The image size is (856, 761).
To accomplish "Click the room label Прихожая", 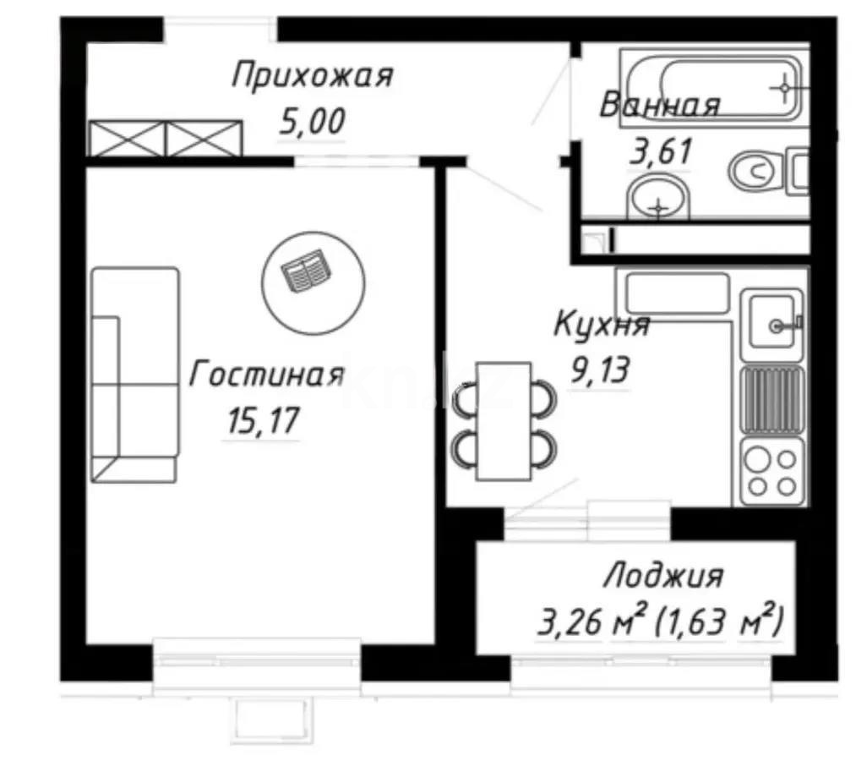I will coord(313,76).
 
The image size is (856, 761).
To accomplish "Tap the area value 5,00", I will coord(313,123).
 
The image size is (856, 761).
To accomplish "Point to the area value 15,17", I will coord(263,420).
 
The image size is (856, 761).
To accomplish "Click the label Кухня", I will coord(601,325).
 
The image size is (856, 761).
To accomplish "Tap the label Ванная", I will coord(659,106).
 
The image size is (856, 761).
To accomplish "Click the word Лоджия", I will coord(662,577).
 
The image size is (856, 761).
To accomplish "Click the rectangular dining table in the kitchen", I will coord(503,420).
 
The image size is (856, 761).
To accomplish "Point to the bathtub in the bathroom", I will coord(714,85).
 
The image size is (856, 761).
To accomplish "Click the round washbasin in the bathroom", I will coord(658,200).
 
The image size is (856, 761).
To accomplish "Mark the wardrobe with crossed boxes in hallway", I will coord(166,139).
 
